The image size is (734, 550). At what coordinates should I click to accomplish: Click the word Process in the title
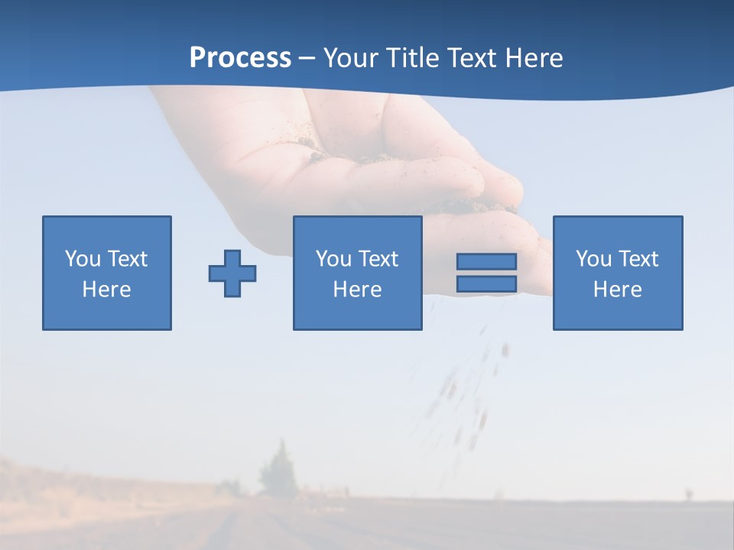coord(240,58)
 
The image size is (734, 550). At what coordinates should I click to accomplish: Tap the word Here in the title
coord(533,58)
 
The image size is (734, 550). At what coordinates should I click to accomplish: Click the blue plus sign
coord(232,273)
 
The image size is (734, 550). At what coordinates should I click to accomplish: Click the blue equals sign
coord(486,273)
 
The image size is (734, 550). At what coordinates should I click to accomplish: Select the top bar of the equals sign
coord(486,262)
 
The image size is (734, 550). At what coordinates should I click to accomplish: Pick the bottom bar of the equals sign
coord(486,283)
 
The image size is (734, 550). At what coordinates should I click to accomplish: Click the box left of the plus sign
coord(107,273)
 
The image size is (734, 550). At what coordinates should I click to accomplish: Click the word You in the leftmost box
coord(82,259)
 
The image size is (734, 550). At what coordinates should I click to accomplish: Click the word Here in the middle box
coord(357,290)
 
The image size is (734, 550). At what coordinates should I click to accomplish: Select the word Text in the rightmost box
coord(638,259)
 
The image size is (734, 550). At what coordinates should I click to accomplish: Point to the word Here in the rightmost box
coord(618,290)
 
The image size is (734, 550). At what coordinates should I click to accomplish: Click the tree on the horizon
coord(274,470)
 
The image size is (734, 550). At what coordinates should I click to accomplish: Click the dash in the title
coord(307,58)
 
